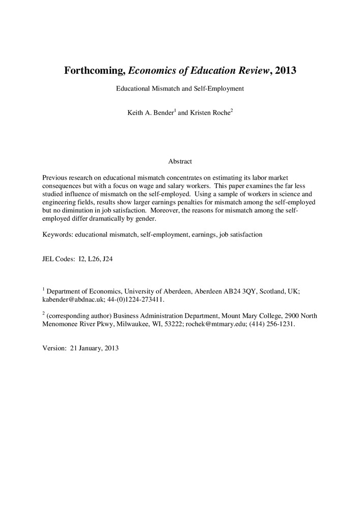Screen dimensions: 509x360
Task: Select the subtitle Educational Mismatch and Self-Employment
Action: click(180, 89)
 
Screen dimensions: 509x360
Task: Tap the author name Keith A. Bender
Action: click(150, 113)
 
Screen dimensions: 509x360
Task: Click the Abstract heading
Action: click(180, 161)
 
